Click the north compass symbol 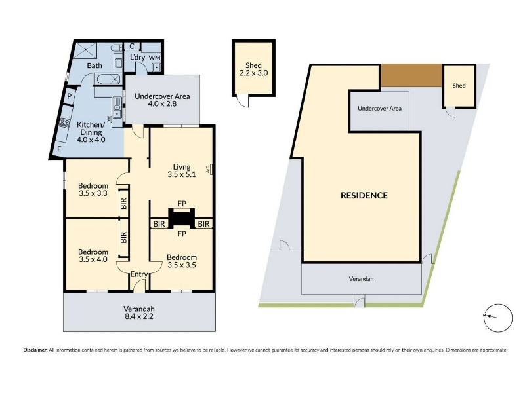499,318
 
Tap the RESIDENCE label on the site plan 364,195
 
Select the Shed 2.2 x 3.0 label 253,69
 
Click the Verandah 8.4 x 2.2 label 139,312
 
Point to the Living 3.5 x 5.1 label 182,170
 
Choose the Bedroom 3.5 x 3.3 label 93,189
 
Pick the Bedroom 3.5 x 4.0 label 93,255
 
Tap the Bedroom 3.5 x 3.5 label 182,261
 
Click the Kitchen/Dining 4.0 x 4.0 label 91,132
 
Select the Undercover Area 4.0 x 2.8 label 162,100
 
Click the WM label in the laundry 154,58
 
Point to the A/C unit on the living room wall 209,169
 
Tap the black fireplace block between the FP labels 182,218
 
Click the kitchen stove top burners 64,123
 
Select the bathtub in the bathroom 108,79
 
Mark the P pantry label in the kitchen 70,96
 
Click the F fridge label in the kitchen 59,149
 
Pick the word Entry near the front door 139,274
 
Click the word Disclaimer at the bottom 35,350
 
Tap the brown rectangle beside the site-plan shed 411,76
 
